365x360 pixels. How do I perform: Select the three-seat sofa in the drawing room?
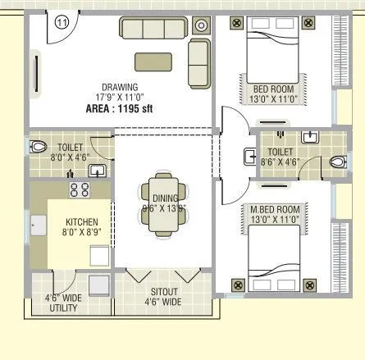(x=153, y=28)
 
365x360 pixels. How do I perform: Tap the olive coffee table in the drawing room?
(x=153, y=60)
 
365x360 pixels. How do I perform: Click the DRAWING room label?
(x=120, y=86)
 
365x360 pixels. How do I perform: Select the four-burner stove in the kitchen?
(x=80, y=189)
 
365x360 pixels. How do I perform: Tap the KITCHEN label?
(x=82, y=222)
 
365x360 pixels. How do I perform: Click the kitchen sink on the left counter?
(x=37, y=224)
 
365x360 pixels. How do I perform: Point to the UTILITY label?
(x=63, y=308)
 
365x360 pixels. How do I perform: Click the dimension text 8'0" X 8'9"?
(x=82, y=234)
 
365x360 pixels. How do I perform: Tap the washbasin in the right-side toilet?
(x=310, y=137)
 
